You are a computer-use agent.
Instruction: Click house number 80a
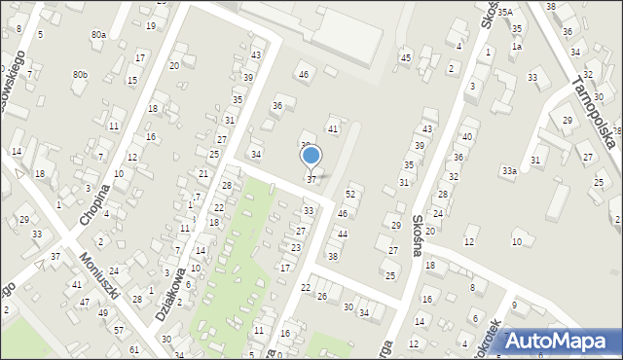[98, 35]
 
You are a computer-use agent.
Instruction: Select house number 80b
[80, 74]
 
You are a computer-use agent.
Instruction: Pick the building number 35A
[504, 13]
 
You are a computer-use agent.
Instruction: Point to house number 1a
[517, 46]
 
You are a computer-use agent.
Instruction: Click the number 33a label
[509, 171]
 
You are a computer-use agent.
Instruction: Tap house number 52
[350, 195]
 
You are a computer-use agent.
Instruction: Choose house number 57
[119, 331]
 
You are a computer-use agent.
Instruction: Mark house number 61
[133, 348]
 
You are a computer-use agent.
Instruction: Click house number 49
[103, 312]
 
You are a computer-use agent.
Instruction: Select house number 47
[85, 303]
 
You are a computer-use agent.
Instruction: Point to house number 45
[405, 58]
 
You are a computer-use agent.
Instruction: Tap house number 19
[150, 25]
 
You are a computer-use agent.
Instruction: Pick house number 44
[342, 234]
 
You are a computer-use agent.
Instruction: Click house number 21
[203, 173]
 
